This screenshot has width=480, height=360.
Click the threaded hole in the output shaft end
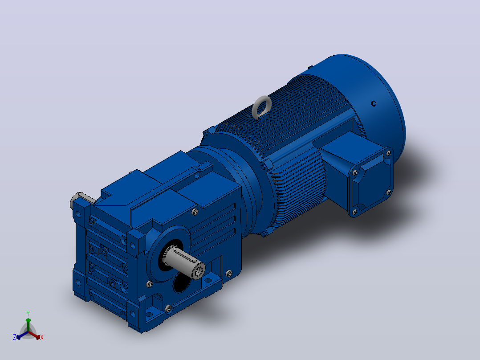[199, 271]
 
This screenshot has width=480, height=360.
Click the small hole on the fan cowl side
[374, 103]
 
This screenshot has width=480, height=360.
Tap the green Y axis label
[28, 314]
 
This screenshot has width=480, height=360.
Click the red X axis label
[42, 337]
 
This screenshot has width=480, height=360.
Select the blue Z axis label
[15, 337]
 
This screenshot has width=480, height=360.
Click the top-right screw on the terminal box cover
[389, 153]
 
